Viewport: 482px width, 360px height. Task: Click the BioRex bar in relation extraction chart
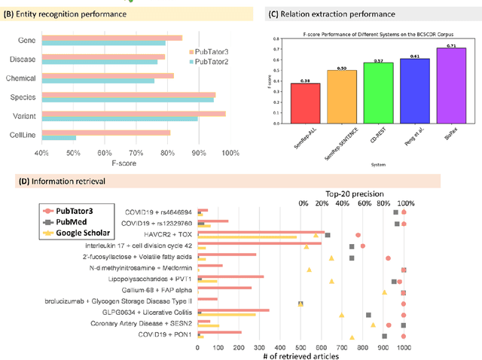(451, 78)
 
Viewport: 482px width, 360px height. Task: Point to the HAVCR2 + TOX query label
(161, 234)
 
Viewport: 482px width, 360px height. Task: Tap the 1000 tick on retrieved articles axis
(404, 348)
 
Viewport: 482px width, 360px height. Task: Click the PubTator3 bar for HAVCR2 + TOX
(261, 233)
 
